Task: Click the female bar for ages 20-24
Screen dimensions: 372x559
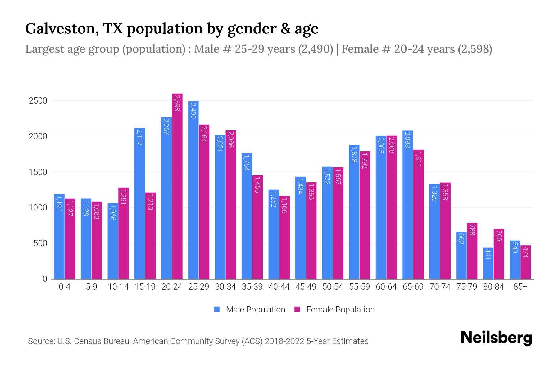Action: (x=177, y=186)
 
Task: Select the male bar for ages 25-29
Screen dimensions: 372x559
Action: (x=193, y=190)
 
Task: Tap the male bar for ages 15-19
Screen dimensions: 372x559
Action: (x=140, y=203)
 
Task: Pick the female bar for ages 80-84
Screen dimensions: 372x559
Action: (x=499, y=254)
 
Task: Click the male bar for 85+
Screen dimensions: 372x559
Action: (x=515, y=259)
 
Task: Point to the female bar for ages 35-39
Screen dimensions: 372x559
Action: (x=258, y=227)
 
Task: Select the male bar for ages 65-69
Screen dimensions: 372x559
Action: (x=408, y=205)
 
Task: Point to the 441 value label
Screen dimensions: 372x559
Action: (x=488, y=254)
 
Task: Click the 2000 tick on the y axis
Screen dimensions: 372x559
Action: (x=38, y=136)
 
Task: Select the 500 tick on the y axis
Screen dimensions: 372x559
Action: (x=40, y=243)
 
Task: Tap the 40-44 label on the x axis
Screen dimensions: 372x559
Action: (x=279, y=287)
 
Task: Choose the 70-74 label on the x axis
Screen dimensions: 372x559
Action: (x=440, y=287)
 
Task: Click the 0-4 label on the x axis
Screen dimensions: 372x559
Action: (x=65, y=287)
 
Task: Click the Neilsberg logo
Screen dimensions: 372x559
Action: (x=496, y=338)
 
